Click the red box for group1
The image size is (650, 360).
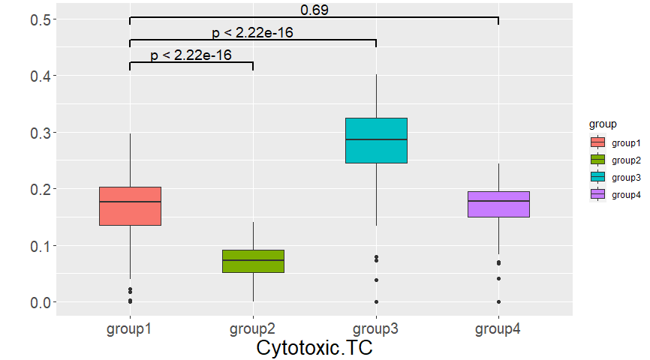[130, 205]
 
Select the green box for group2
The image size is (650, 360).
[253, 261]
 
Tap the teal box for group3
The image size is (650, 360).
[376, 140]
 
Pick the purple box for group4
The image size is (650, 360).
[498, 204]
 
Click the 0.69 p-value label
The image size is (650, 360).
[314, 10]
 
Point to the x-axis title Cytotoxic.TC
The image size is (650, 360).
[314, 348]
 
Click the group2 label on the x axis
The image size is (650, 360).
[253, 328]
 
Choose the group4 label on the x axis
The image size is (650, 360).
[498, 328]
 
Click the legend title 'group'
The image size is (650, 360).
[603, 123]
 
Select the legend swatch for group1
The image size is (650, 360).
[598, 142]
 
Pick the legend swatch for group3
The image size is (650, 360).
[598, 177]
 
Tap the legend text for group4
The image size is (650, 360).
[626, 194]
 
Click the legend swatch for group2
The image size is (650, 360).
[598, 160]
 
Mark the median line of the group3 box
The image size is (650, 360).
[376, 139]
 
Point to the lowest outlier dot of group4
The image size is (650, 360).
[498, 302]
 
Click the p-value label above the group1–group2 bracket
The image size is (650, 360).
[191, 55]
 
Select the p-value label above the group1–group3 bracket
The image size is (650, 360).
[252, 32]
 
